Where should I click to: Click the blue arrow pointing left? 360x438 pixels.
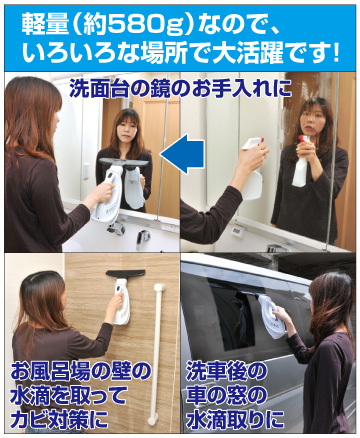point(183,154)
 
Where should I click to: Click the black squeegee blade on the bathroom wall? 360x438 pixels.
point(125,274)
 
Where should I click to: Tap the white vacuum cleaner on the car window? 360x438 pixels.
point(271,317)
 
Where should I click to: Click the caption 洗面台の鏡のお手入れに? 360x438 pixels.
point(181,89)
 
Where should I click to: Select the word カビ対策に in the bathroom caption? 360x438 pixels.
point(59,418)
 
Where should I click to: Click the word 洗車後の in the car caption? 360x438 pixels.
point(226,371)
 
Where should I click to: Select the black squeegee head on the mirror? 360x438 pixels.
point(125,162)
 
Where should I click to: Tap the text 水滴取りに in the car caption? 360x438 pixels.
point(235,418)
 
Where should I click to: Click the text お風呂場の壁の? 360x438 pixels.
point(81,371)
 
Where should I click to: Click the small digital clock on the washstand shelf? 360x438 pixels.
point(238,230)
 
